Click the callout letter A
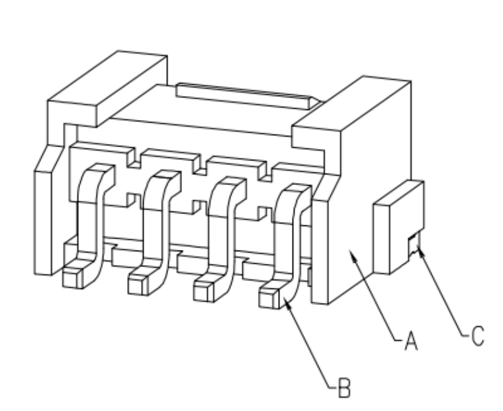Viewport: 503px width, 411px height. tap(411, 341)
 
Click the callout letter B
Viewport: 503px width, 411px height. tap(345, 388)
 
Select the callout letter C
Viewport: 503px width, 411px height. tap(478, 336)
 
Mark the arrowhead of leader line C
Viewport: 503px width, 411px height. tap(420, 249)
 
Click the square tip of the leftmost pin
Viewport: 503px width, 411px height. tap(70, 280)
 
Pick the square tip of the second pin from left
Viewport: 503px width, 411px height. tap(136, 286)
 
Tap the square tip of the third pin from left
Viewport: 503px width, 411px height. tap(201, 294)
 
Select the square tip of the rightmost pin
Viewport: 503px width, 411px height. tap(266, 300)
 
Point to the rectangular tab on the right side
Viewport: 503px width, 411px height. tap(398, 227)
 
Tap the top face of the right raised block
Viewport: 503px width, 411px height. tap(352, 103)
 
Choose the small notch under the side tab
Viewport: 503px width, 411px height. tap(413, 243)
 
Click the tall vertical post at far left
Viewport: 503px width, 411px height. tap(43, 223)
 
